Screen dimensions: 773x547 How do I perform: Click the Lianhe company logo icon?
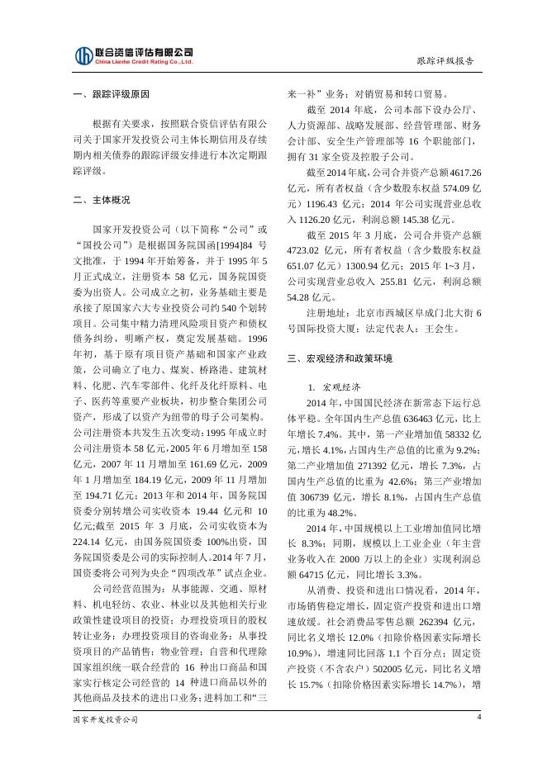tap(83, 55)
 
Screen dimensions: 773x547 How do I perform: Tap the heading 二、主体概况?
tap(101, 199)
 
